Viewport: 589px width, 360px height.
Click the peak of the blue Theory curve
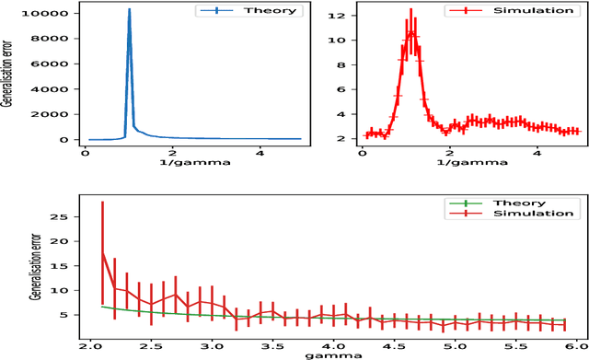[129, 10]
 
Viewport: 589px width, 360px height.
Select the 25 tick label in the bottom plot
[65, 218]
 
